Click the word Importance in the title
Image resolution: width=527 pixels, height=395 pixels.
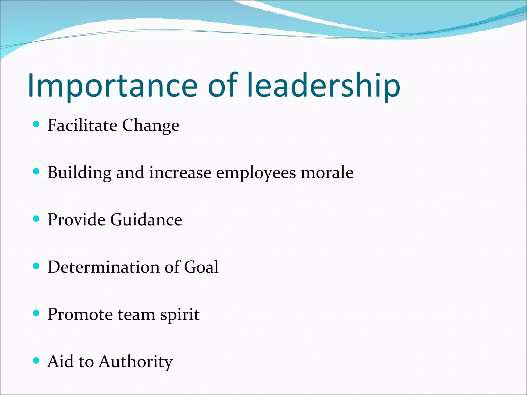[x=113, y=85]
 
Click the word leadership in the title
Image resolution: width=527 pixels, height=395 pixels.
[x=323, y=85]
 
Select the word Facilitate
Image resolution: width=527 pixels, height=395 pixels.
[x=82, y=125]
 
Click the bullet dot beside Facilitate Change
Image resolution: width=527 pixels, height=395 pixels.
[x=37, y=124]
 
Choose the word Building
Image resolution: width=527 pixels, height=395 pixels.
[x=80, y=173]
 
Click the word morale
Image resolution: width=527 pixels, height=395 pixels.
[x=327, y=172]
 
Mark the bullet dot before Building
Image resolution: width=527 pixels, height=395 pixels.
[x=37, y=172]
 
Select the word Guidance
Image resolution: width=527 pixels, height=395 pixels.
[x=146, y=220]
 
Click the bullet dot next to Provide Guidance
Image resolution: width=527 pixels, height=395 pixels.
[x=37, y=219]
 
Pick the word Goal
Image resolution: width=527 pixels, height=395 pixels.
[x=201, y=267]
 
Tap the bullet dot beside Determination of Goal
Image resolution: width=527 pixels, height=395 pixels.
[x=37, y=266]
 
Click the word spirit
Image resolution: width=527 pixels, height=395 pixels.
[x=180, y=315]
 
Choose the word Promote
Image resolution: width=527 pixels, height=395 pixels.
[x=80, y=314]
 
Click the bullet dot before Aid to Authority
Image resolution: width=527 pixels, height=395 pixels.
[x=37, y=361]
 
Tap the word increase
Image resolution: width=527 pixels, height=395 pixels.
[x=180, y=172]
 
